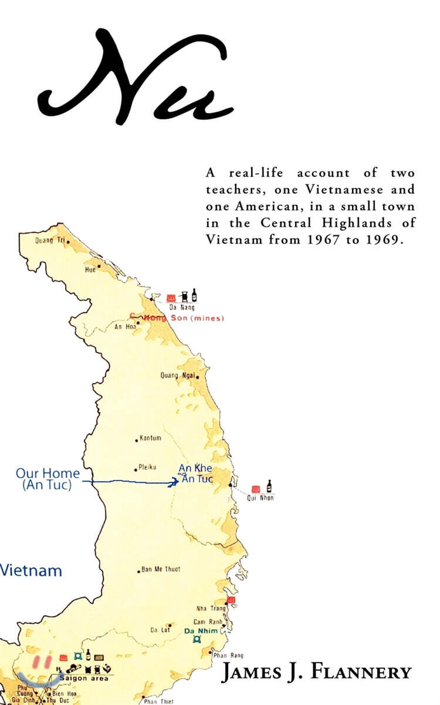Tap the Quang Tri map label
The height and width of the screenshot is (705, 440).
pyautogui.click(x=51, y=240)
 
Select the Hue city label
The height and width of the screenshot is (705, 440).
pyautogui.click(x=90, y=269)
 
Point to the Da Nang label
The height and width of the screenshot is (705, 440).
pyautogui.click(x=182, y=307)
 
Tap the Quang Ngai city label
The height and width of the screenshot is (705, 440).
pyautogui.click(x=177, y=375)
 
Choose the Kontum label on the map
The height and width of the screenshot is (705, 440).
pyautogui.click(x=150, y=438)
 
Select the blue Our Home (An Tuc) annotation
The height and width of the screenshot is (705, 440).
pyautogui.click(x=47, y=479)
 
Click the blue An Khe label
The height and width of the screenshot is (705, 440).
pyautogui.click(x=195, y=468)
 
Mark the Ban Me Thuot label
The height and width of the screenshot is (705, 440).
pyautogui.click(x=160, y=569)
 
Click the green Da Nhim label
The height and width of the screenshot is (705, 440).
pyautogui.click(x=201, y=631)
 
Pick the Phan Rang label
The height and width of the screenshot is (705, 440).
pyautogui.click(x=228, y=656)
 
